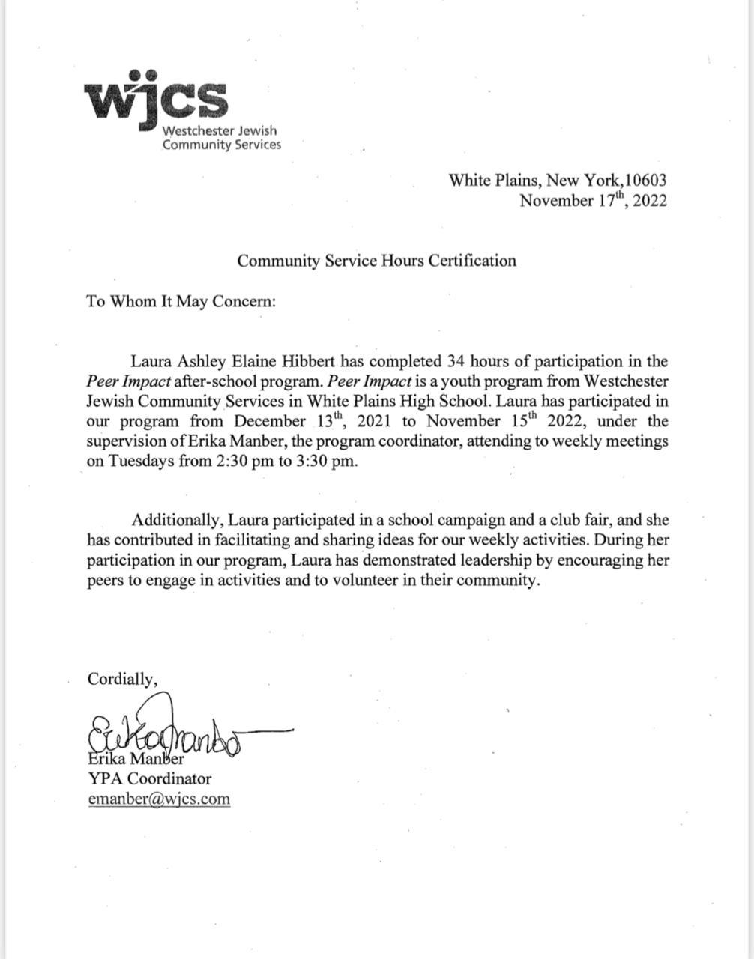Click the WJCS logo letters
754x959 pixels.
pyautogui.click(x=156, y=99)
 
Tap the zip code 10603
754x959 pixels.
pyautogui.click(x=646, y=180)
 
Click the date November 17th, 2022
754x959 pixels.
pyautogui.click(x=593, y=200)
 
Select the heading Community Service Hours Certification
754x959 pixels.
pyautogui.click(x=376, y=261)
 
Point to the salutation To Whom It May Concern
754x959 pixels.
pyautogui.click(x=181, y=301)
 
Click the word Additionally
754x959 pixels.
pyautogui.click(x=178, y=520)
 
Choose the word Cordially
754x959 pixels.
pyautogui.click(x=122, y=679)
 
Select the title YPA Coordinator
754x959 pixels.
pyautogui.click(x=149, y=778)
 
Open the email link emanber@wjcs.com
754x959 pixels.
pyautogui.click(x=159, y=799)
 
